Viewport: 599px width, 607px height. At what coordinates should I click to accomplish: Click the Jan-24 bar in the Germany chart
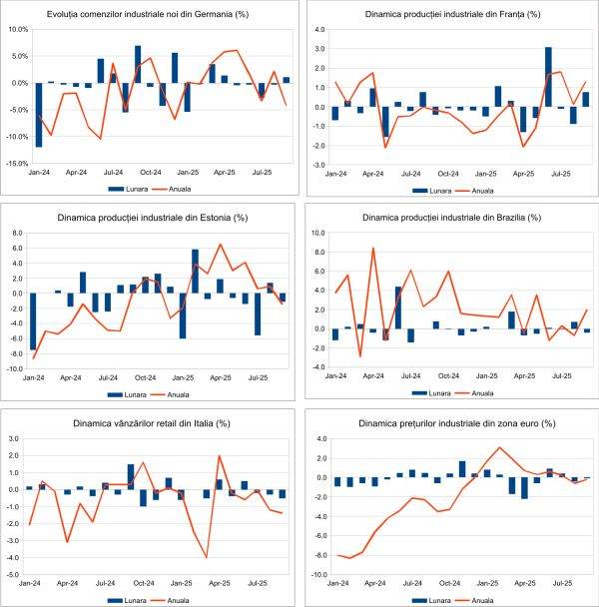pyautogui.click(x=38, y=115)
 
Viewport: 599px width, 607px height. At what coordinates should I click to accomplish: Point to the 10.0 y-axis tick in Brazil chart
pyautogui.click(x=320, y=233)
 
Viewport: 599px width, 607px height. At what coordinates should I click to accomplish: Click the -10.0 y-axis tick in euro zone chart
pyautogui.click(x=318, y=575)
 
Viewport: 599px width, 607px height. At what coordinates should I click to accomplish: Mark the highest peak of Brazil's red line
pyautogui.click(x=372, y=249)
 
